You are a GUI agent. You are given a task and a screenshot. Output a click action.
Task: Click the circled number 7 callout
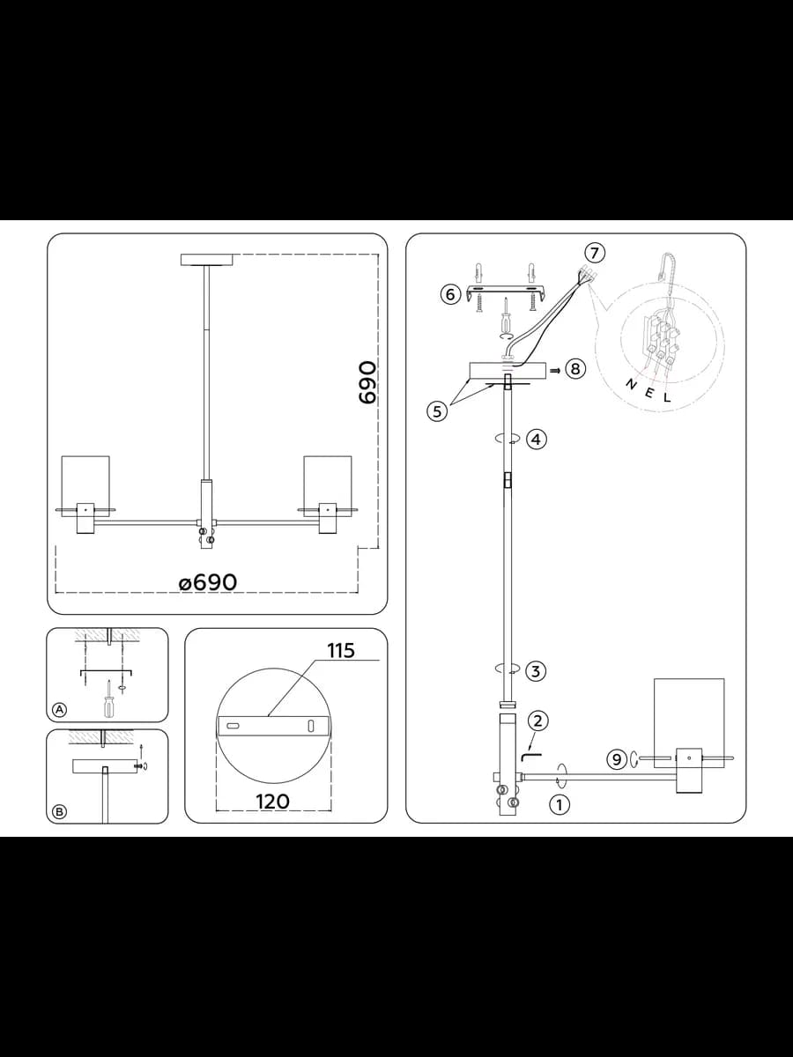(595, 253)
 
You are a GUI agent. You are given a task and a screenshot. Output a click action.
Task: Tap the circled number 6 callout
(450, 293)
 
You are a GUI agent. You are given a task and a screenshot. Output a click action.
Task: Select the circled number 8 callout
(575, 369)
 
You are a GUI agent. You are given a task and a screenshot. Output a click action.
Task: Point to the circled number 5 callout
(437, 411)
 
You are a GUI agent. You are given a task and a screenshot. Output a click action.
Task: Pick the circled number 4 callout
(537, 440)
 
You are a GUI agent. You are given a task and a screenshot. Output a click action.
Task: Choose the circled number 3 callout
(536, 671)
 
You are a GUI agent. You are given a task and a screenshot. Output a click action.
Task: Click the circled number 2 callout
(537, 721)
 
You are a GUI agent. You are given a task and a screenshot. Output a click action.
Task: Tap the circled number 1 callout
(560, 804)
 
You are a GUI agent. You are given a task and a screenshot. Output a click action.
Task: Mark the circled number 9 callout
(617, 759)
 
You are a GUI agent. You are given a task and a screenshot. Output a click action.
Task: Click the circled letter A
(59, 709)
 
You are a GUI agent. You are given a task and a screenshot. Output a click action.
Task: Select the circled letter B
(59, 811)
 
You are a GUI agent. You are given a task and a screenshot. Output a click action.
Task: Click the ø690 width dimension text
(208, 583)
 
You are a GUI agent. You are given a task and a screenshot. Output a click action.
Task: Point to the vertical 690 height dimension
(367, 382)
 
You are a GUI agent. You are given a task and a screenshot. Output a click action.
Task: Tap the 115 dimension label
(341, 651)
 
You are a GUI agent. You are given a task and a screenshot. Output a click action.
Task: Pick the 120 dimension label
(272, 802)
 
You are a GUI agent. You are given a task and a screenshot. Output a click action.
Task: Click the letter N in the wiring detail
(631, 384)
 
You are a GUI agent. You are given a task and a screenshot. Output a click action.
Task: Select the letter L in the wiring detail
(667, 398)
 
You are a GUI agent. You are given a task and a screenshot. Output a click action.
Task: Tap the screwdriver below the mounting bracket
(507, 315)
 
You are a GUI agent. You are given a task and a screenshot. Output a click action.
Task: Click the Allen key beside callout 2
(530, 756)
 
